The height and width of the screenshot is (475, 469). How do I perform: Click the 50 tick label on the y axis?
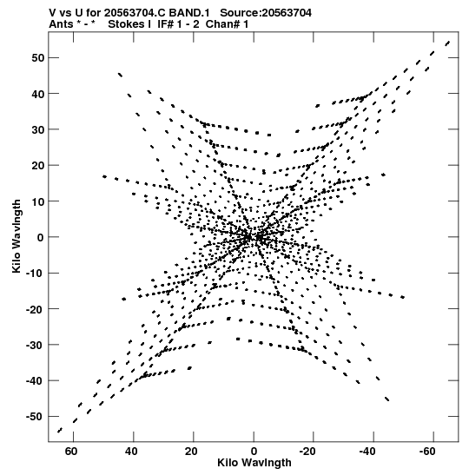point(37,57)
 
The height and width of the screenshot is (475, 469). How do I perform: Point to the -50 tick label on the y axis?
point(35,417)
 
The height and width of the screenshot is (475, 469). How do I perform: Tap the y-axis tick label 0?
point(40,237)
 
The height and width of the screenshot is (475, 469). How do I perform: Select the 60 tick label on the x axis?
point(71,452)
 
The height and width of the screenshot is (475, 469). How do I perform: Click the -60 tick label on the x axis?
point(427,452)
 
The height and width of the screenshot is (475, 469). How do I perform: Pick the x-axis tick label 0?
point(254,452)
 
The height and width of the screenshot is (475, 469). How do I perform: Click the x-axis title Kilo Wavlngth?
point(254,463)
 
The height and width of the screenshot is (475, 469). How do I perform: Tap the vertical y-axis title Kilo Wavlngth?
point(17,236)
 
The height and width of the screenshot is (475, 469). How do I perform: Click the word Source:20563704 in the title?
point(266,13)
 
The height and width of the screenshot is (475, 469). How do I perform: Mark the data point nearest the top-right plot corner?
point(447,43)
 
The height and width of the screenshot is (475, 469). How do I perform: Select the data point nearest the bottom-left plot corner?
point(60,430)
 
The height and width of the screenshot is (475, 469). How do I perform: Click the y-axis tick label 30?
point(37,129)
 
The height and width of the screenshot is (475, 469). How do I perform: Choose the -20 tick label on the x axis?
point(307,452)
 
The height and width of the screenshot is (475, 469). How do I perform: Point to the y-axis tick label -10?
point(35,273)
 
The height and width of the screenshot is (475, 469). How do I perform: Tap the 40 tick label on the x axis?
point(131,452)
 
